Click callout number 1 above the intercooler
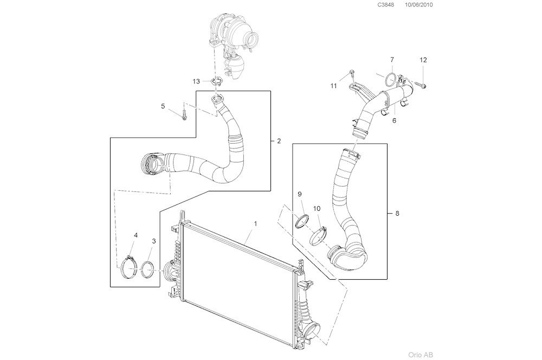tap(255, 223)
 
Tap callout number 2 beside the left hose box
tap(279, 142)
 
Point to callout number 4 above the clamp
tap(135, 235)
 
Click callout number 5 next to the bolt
tap(163, 106)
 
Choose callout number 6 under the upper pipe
tap(394, 120)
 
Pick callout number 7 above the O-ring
tap(392, 59)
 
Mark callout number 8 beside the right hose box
tap(397, 214)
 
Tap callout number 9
tap(299, 194)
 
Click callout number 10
tap(317, 208)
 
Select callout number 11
tap(334, 86)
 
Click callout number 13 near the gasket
tap(197, 81)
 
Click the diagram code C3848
tap(386, 5)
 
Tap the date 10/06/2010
tap(419, 5)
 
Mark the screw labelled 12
tap(421, 85)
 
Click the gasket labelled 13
tap(217, 82)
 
